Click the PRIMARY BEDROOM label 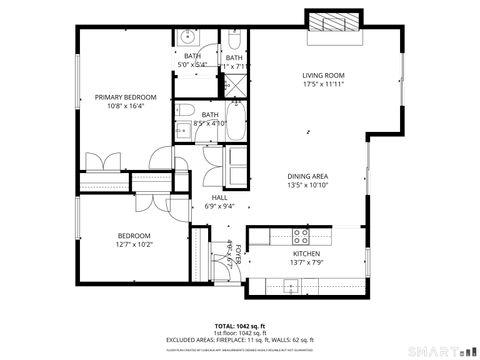pos(126,97)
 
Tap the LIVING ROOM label pos(323,75)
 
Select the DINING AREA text pos(308,176)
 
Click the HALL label pos(220,197)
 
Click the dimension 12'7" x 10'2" pos(133,244)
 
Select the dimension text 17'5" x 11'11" pos(323,85)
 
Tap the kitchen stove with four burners pos(300,236)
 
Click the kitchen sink pos(290,286)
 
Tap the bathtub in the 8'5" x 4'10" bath pos(236,128)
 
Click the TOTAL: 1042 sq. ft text pos(240,326)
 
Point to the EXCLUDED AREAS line pos(240,340)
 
